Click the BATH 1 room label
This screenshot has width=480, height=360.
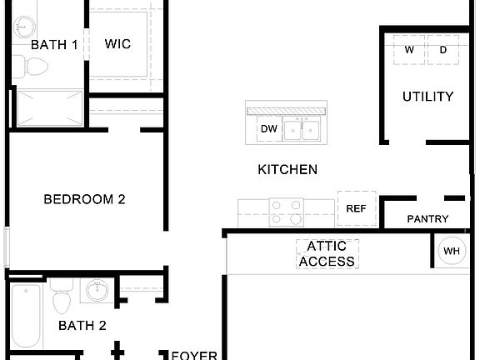[x=54, y=45]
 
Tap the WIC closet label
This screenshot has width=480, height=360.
[x=117, y=45]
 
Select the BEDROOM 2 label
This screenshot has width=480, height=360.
[x=84, y=199]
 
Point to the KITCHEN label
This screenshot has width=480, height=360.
[x=287, y=170]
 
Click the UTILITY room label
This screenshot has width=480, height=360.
[x=427, y=97]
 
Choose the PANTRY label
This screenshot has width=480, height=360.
[x=427, y=219]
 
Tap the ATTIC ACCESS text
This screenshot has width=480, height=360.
[x=327, y=254]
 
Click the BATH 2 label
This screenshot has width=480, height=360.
[x=82, y=326]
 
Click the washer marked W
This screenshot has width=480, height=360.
[x=409, y=50]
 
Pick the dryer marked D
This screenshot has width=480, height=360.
[x=442, y=50]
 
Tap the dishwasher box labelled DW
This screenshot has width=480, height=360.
[x=268, y=128]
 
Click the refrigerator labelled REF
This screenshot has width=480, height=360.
[x=357, y=209]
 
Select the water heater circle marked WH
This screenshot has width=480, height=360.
[x=452, y=251]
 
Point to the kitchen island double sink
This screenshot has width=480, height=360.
[x=302, y=129]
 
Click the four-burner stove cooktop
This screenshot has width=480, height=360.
[x=287, y=212]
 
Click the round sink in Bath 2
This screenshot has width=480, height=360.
[x=94, y=292]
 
